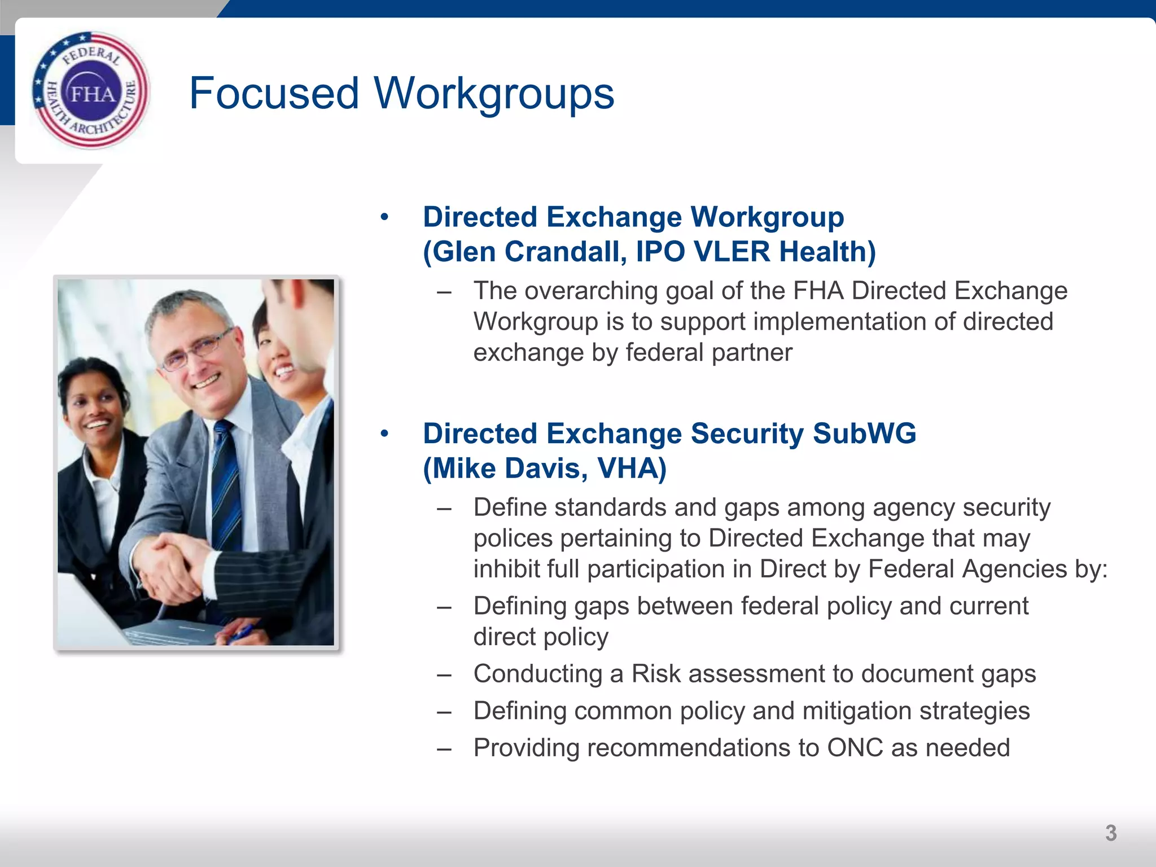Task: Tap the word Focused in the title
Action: (274, 93)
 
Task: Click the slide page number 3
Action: (1110, 833)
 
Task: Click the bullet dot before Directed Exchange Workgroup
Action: (384, 217)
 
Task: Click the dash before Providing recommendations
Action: (444, 748)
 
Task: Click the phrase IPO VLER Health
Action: (755, 252)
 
